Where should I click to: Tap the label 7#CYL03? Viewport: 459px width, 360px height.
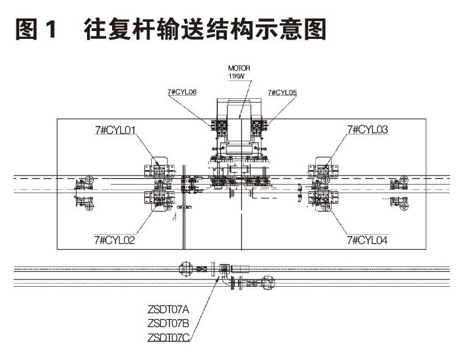coord(367,130)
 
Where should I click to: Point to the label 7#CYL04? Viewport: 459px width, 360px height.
coord(367,241)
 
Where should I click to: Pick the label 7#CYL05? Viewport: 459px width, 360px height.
coord(282,93)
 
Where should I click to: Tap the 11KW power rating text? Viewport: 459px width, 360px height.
coord(236,76)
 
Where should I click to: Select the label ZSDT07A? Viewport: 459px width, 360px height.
coord(168,308)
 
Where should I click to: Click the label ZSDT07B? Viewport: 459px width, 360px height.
coord(168,322)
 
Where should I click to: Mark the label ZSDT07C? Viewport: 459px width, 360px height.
coord(168,337)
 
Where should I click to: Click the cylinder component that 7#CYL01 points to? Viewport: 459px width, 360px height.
coord(159,171)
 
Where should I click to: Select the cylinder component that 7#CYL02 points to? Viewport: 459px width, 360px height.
coord(160,197)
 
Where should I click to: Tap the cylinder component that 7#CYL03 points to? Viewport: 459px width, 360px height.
coord(322,171)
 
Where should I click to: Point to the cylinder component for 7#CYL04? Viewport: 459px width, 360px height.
coord(324,197)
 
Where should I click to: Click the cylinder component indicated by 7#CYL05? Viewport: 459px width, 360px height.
coord(260,125)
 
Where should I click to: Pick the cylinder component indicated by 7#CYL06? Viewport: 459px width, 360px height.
coord(218,125)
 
